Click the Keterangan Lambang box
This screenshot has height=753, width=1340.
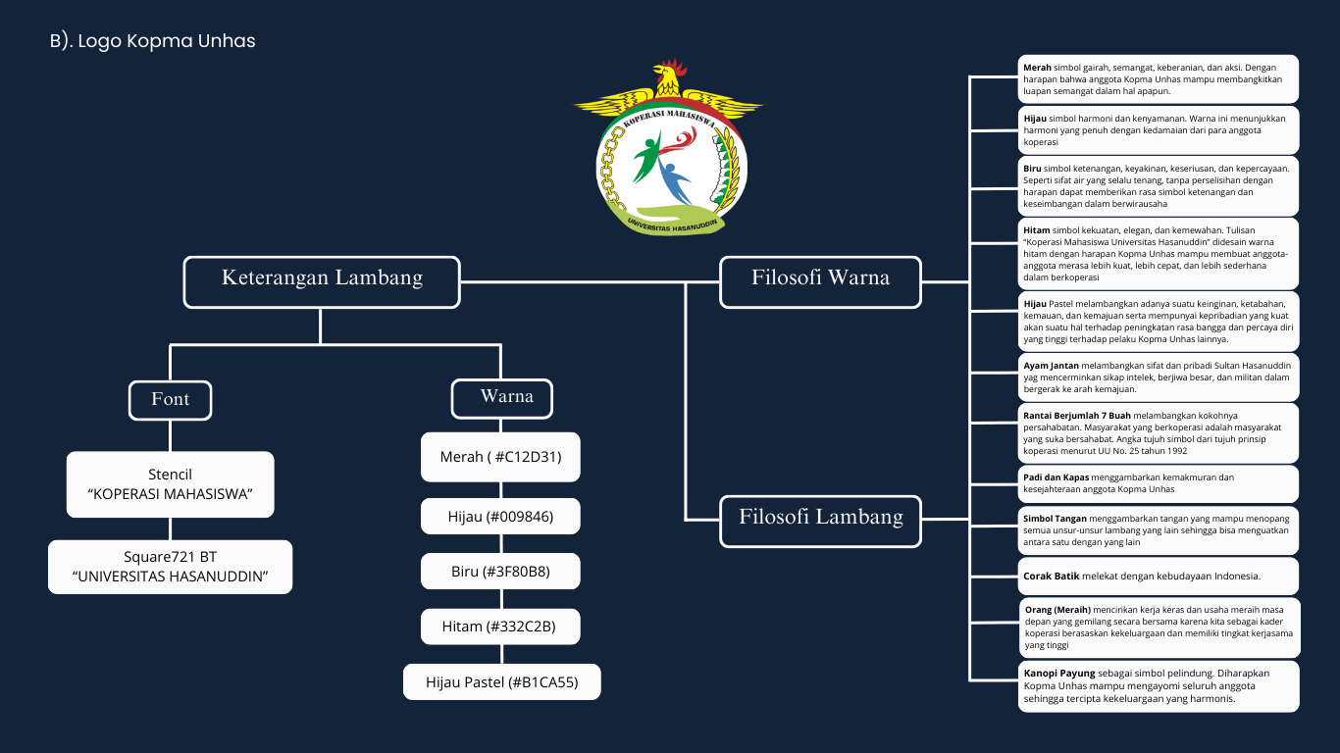point(322,278)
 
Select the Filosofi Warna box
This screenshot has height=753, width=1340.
point(820,278)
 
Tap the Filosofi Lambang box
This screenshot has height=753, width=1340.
point(820,518)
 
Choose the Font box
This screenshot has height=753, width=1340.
point(171,400)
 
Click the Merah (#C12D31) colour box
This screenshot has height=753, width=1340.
point(500,457)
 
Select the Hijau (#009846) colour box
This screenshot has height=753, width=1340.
point(500,516)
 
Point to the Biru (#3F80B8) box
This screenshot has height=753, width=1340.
point(500,572)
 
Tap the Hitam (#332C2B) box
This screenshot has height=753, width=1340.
point(500,627)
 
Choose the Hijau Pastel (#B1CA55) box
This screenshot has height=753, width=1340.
point(501,682)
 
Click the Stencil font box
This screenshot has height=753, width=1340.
point(170,484)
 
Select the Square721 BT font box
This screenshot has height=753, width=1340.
point(170,567)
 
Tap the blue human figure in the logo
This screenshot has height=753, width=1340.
point(675,181)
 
